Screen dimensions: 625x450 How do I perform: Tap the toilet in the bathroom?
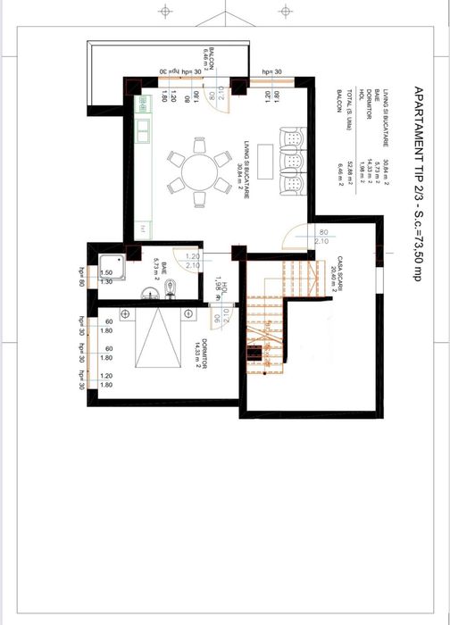point(176,285)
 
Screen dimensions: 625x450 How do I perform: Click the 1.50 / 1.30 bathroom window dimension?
point(105,277)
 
